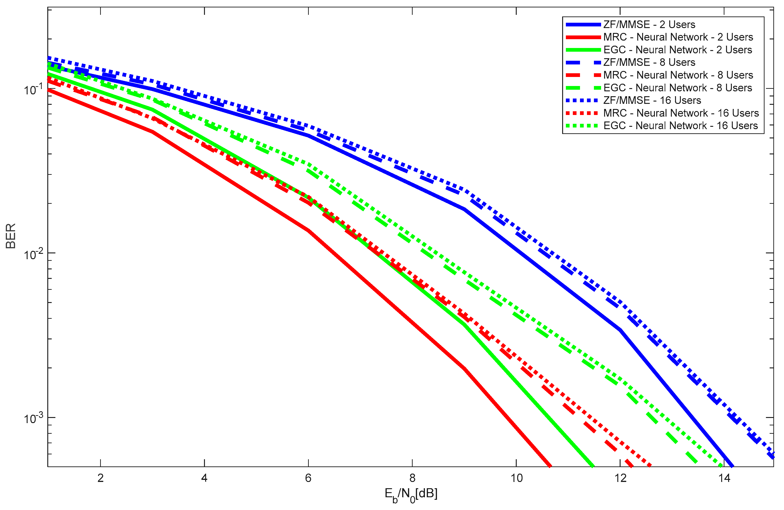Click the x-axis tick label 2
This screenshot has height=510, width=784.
100,478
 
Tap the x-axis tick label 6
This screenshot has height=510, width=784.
308,478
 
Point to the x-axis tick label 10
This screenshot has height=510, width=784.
516,478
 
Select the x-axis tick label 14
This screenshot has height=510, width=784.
724,478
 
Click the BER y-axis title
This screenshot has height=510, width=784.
11,236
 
